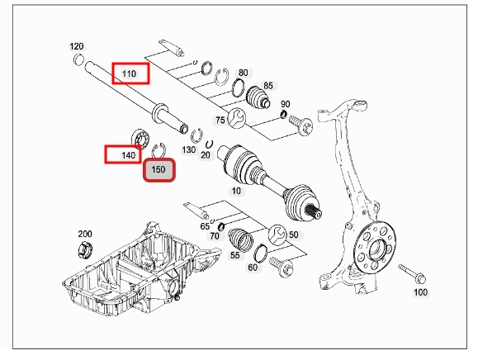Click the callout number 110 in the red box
tap(130, 73)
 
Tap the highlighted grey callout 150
tap(159, 171)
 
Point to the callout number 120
tap(77, 46)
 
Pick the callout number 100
tap(420, 292)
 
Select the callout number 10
tap(237, 191)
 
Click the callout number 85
tap(268, 86)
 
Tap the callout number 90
tap(286, 104)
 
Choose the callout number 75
tap(220, 120)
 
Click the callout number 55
tap(234, 257)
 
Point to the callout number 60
tap(253, 267)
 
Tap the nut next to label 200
tap(83, 249)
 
